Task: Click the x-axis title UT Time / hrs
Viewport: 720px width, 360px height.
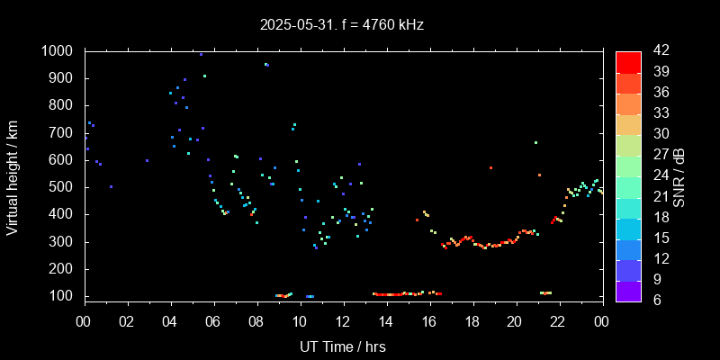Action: [342, 346]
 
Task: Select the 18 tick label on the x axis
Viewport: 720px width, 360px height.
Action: [472, 321]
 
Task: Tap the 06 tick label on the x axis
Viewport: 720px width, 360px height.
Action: [213, 321]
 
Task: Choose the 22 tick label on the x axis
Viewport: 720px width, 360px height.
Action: [558, 321]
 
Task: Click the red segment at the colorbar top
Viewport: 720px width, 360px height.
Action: [628, 61]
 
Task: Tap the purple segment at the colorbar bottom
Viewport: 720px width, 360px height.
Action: [628, 290]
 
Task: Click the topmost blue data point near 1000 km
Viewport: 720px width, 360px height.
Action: [201, 54]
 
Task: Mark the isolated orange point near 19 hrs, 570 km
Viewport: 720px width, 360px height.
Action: [490, 167]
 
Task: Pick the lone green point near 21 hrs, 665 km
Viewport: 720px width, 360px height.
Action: [535, 142]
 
